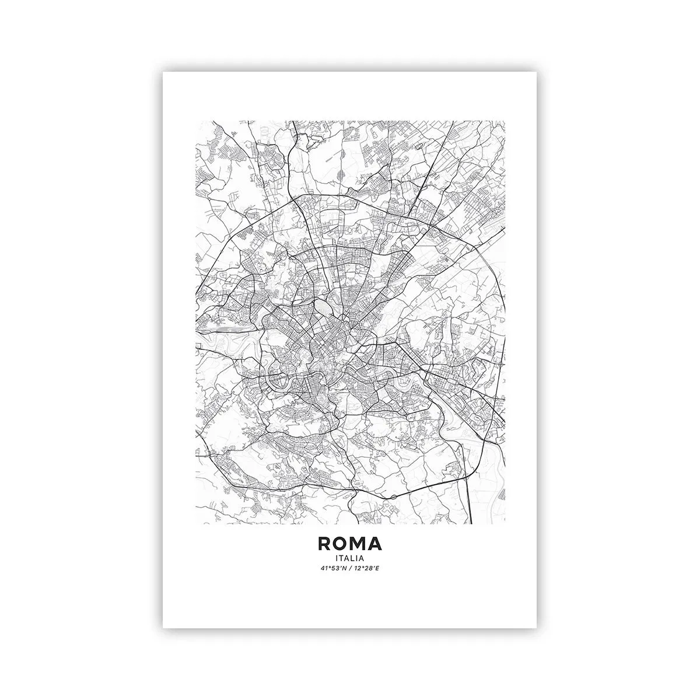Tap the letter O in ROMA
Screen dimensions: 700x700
pos(342,544)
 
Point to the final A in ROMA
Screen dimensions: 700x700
pos(376,544)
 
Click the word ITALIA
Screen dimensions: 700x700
pos(350,558)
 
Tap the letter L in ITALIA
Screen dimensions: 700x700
pos(355,558)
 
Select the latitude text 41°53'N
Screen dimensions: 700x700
pos(335,569)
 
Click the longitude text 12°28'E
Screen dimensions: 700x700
pos(366,569)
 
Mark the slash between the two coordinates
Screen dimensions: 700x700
pos(350,569)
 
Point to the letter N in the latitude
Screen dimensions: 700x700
pos(344,569)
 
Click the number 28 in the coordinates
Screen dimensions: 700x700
pos(369,569)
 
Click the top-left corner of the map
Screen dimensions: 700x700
pos(196,121)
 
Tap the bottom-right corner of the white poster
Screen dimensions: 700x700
pos(537,628)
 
